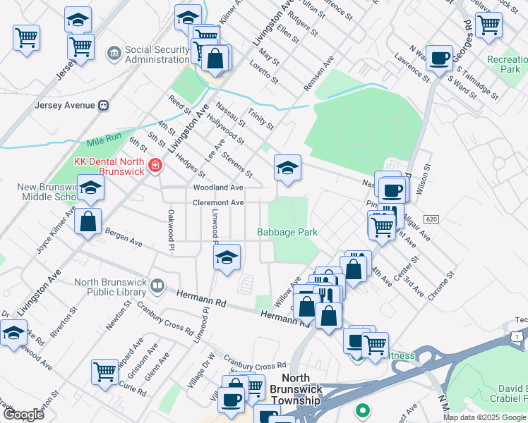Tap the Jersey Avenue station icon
click(104, 105)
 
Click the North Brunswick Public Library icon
click(157, 286)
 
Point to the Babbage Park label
click(287, 232)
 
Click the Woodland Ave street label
click(217, 188)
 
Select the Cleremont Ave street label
click(218, 202)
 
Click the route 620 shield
click(432, 220)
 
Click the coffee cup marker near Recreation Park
click(440, 58)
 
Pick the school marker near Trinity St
click(287, 168)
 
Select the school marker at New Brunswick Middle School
click(90, 188)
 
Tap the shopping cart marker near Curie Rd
click(104, 370)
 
